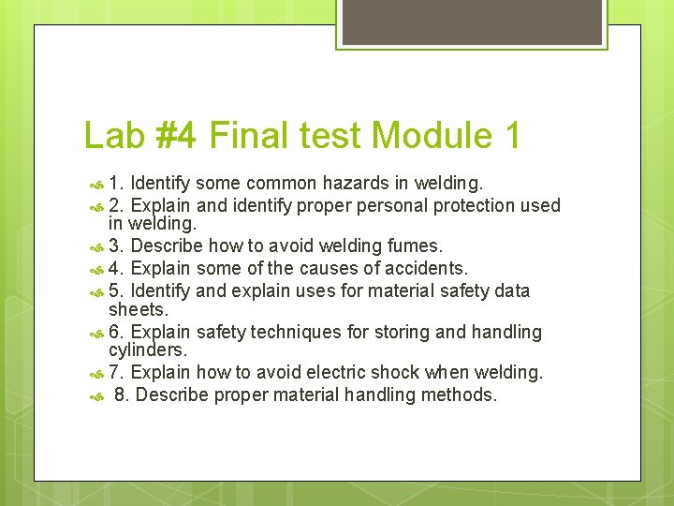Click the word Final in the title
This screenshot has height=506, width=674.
pos(247,136)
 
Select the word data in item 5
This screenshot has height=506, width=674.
pos(512,290)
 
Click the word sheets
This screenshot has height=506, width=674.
pos(138,309)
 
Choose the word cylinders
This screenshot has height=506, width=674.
pos(147,350)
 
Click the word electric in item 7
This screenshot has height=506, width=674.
pos(327,373)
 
